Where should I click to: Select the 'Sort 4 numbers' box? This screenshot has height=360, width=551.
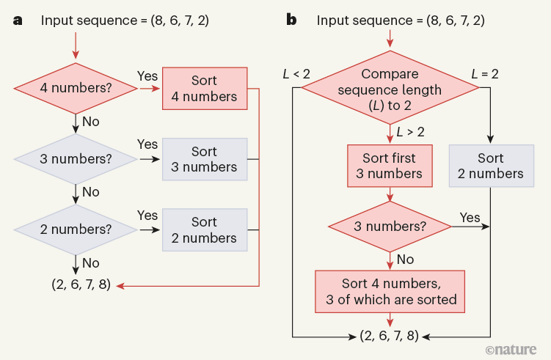click(204, 88)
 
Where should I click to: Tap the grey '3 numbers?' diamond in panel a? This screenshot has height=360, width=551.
click(76, 159)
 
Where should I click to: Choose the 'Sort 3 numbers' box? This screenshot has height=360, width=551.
click(204, 159)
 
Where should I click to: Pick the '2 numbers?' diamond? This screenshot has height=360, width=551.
click(76, 229)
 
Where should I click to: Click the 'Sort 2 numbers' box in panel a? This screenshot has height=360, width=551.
click(204, 229)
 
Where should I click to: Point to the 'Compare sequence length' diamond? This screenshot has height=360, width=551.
click(390, 89)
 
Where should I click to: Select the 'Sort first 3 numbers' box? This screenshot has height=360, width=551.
click(389, 166)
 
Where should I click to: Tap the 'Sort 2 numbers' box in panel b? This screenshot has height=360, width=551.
click(490, 166)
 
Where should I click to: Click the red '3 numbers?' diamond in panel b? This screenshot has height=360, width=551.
click(390, 227)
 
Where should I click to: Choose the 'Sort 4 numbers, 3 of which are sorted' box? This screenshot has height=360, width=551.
click(390, 291)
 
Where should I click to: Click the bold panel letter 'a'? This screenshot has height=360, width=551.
click(18, 20)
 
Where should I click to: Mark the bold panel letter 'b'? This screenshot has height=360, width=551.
click(291, 20)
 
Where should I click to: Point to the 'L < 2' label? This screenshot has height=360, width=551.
click(296, 73)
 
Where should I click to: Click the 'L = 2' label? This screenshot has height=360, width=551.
click(485, 73)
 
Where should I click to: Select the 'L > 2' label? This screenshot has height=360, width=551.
click(410, 132)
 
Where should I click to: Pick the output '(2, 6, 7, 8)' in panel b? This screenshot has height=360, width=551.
click(389, 337)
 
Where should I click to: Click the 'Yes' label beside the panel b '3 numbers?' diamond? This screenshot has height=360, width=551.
click(470, 217)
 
